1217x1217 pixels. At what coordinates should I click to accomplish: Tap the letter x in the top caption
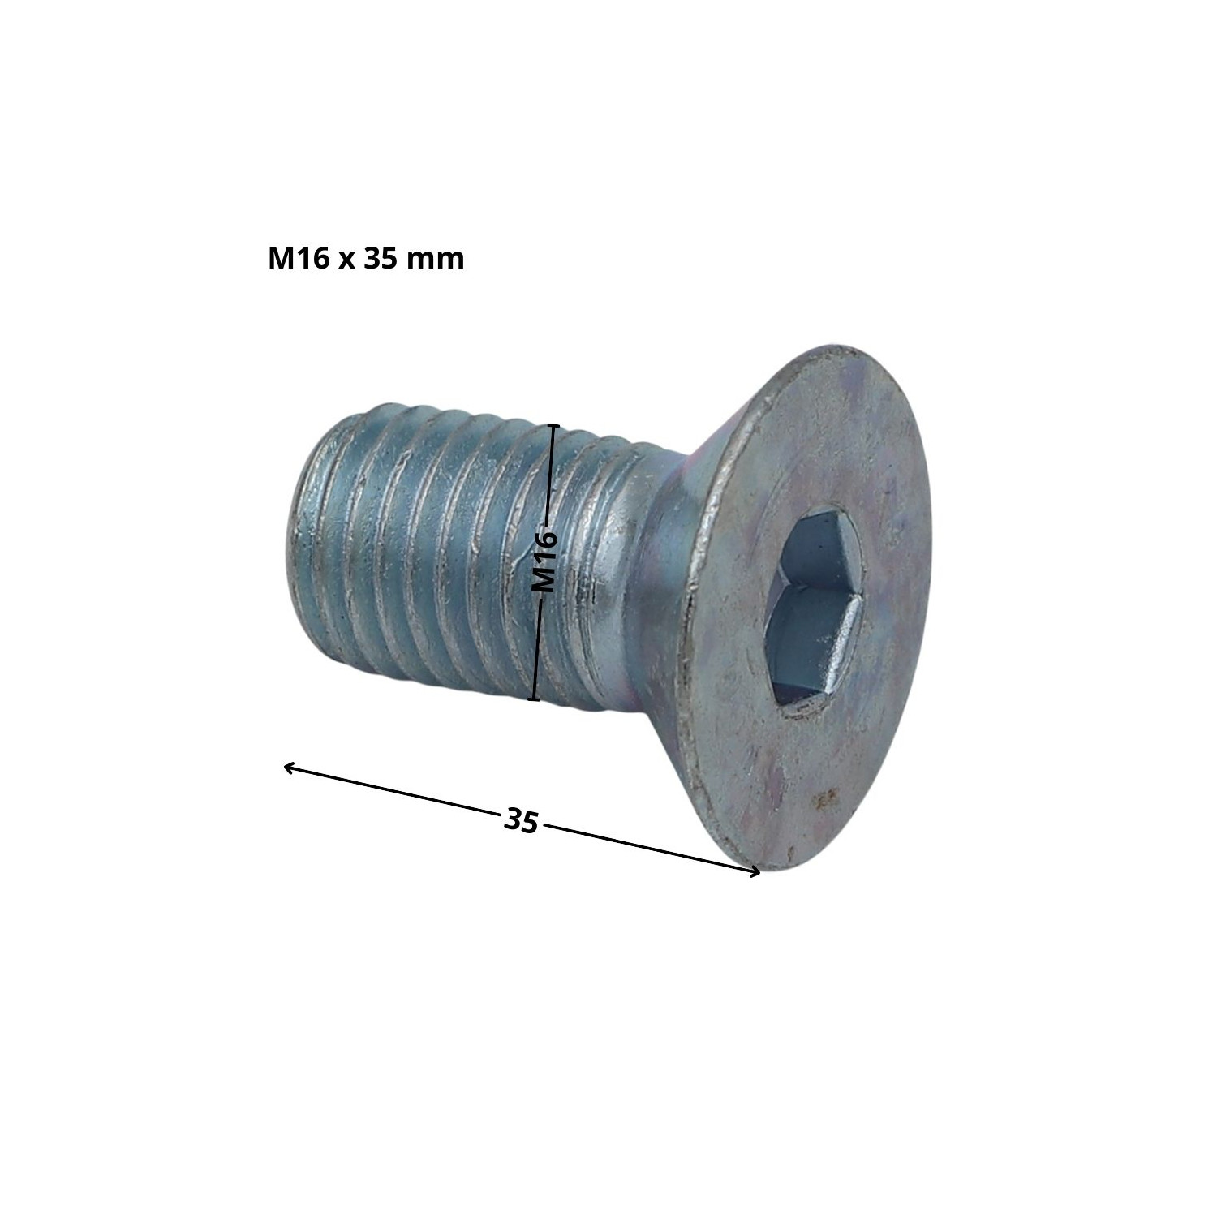pos(344,261)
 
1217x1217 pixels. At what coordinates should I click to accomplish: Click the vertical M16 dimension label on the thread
pos(543,561)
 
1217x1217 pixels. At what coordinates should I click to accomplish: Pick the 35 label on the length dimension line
pos(521,820)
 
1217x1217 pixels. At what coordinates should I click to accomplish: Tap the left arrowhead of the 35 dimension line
pos(289,766)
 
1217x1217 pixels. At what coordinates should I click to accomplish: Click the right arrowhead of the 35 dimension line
pos(755,872)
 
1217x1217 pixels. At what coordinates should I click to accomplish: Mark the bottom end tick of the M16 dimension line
pos(534,699)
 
